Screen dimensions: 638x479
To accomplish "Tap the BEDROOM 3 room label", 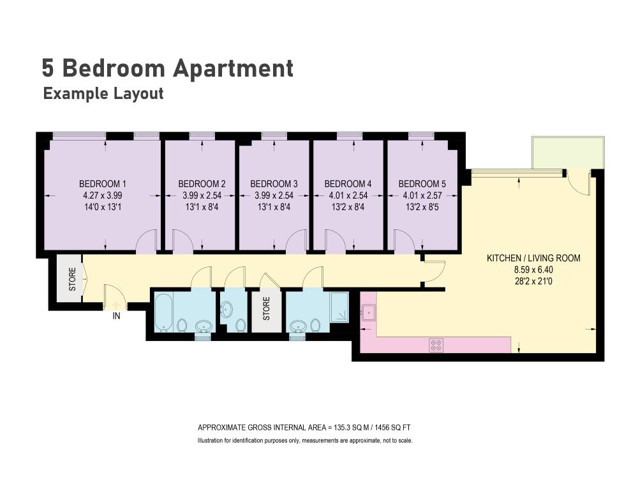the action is pos(274,184).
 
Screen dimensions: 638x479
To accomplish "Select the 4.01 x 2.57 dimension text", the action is pos(422,195).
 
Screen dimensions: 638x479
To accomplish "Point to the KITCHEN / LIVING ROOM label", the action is pos(533,258).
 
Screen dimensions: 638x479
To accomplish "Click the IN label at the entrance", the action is pos(116,316).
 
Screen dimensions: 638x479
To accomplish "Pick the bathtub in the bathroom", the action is pos(164,312).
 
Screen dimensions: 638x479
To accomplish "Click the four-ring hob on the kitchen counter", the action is pos(436,346).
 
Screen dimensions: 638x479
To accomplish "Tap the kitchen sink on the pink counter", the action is pos(369,312).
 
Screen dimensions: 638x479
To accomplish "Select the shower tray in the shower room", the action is pos(339,307).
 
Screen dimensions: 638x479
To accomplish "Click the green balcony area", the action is pos(568,153).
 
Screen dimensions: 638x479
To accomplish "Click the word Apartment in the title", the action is pos(233,68).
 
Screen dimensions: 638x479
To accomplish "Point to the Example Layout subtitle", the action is pos(103,94).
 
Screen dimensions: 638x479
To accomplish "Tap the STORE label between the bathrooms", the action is pos(267,308).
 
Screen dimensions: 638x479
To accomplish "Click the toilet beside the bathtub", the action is pos(182,325).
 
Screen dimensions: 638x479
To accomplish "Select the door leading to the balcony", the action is pos(579,183).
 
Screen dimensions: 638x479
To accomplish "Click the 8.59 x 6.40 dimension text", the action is pos(533,270).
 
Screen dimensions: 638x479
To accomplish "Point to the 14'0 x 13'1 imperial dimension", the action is pos(103,207).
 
